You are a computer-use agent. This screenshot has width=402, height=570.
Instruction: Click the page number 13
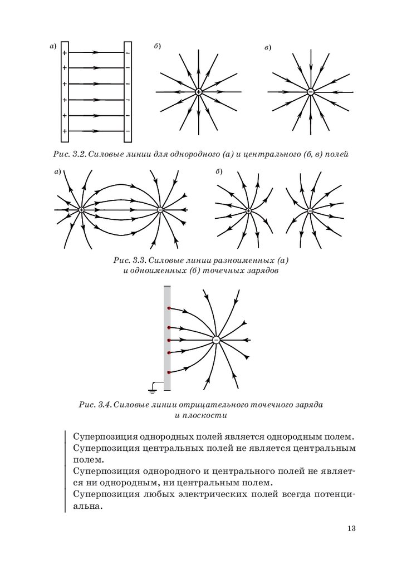[351, 528]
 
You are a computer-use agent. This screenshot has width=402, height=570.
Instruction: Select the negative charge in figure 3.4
[217, 340]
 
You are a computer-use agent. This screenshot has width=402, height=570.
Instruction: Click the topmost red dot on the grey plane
[169, 308]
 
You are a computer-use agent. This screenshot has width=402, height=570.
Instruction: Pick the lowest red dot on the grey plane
[169, 372]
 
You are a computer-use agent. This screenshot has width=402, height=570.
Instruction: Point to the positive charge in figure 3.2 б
[198, 91]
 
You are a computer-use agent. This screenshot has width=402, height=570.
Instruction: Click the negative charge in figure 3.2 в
[310, 91]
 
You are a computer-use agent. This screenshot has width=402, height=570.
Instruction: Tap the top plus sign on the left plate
[65, 53]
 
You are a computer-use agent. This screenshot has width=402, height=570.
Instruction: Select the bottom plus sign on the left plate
[65, 131]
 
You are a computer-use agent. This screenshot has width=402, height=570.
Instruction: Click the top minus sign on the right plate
[128, 53]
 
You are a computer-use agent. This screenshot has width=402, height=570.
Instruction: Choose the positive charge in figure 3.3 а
[81, 210]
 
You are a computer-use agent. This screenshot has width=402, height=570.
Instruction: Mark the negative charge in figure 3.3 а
[160, 210]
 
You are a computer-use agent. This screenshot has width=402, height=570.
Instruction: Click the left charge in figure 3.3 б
[248, 210]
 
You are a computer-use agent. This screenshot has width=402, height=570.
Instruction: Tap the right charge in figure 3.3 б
[310, 210]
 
